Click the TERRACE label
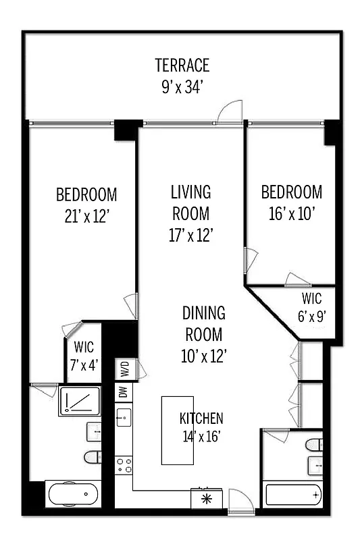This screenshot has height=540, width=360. click(x=182, y=65)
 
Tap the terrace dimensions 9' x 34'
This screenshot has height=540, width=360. click(x=182, y=87)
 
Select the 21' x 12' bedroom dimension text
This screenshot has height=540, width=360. click(x=86, y=216)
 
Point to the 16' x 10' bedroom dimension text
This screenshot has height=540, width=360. click(x=292, y=213)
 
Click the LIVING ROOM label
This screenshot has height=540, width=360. click(x=190, y=203)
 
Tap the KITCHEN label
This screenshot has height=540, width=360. click(x=201, y=418)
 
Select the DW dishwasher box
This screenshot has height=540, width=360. click(x=124, y=391)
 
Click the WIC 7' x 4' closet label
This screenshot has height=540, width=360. click(x=83, y=354)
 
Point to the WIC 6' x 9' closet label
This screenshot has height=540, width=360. click(x=311, y=306)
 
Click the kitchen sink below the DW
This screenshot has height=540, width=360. click(x=124, y=418)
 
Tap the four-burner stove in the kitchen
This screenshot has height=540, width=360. click(x=124, y=465)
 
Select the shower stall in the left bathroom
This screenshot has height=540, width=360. click(x=79, y=401)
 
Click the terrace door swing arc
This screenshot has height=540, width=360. click(x=230, y=112)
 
